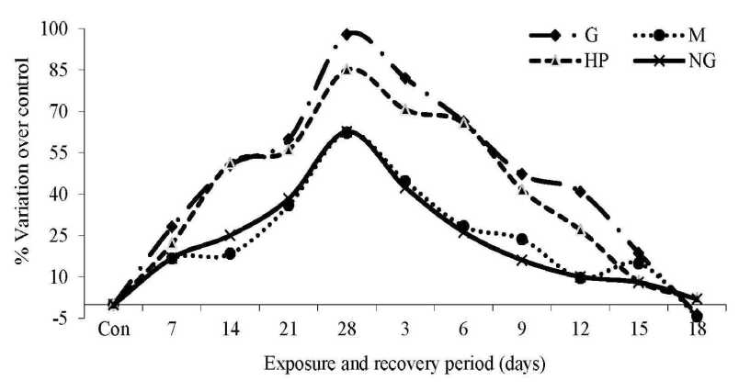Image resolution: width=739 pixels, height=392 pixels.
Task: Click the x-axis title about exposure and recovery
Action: (405, 364)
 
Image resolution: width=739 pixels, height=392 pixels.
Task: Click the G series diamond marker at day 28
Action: (347, 34)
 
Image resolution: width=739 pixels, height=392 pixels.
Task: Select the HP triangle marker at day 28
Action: (347, 68)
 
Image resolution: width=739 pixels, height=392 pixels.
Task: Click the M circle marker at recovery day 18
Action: (698, 317)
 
